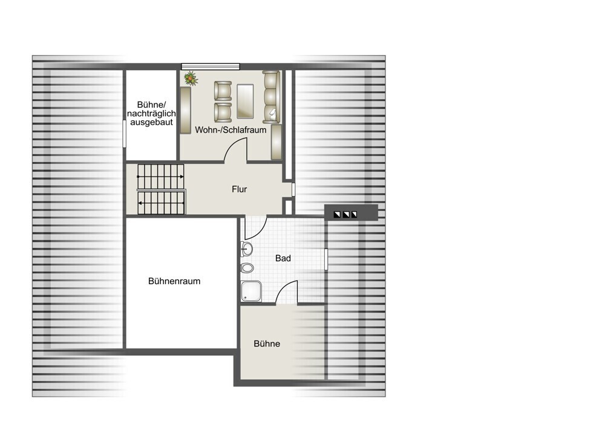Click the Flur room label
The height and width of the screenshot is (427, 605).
pyautogui.click(x=239, y=189)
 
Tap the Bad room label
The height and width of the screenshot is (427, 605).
pyautogui.click(x=283, y=258)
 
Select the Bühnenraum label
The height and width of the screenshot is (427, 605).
pyautogui.click(x=174, y=281)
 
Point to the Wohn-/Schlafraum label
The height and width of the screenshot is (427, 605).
pyautogui.click(x=231, y=130)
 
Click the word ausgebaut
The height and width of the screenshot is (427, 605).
pyautogui.click(x=152, y=122)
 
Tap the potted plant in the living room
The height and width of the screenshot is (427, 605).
pyautogui.click(x=191, y=78)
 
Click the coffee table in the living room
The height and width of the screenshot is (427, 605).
pyautogui.click(x=245, y=101)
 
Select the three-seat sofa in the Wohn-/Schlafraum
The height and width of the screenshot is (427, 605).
pyautogui.click(x=271, y=97)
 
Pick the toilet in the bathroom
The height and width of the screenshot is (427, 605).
pyautogui.click(x=247, y=267)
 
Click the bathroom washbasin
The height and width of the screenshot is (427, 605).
pyautogui.click(x=247, y=249)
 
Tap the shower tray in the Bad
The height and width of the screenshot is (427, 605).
pyautogui.click(x=251, y=292)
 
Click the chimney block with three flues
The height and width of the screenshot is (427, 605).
pyautogui.click(x=351, y=212)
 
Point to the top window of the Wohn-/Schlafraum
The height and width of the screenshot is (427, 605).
pyautogui.click(x=211, y=67)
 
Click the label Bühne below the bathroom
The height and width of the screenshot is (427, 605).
pyautogui.click(x=267, y=344)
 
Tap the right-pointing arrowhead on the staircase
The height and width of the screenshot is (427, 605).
pyautogui.click(x=181, y=177)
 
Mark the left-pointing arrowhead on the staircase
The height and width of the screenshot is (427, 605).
pyautogui.click(x=140, y=203)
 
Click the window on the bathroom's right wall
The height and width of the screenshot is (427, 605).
pyautogui.click(x=326, y=259)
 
